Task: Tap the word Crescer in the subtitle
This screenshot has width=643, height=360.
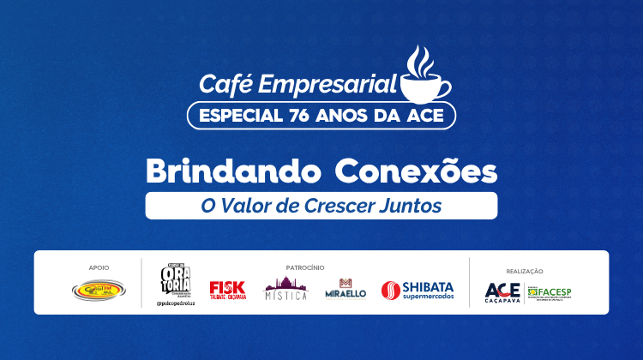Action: pyautogui.click(x=349, y=206)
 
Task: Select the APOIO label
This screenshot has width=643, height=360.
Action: pyautogui.click(x=99, y=267)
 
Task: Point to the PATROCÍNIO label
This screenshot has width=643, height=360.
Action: pyautogui.click(x=305, y=267)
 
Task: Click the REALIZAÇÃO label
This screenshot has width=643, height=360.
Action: pyautogui.click(x=526, y=271)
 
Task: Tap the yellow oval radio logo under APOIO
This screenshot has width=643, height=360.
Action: pyautogui.click(x=98, y=291)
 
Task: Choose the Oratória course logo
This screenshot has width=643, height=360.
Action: pyautogui.click(x=174, y=282)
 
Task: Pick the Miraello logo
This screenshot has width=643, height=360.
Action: pyautogui.click(x=346, y=289)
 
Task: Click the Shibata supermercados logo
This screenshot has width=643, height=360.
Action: pyautogui.click(x=418, y=291)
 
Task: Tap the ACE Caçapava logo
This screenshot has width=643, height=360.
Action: pyautogui.click(x=502, y=292)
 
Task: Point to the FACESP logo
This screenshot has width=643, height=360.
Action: pyautogui.click(x=550, y=292)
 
